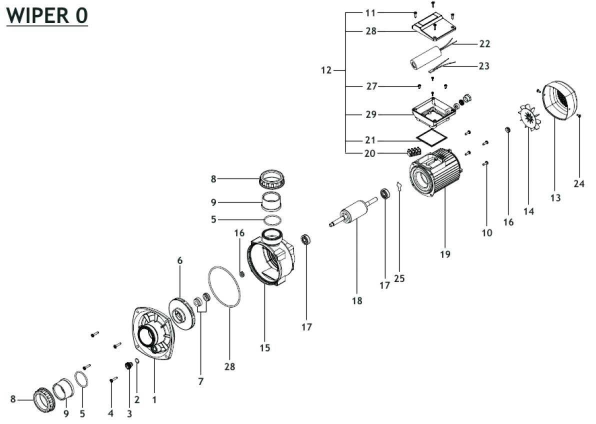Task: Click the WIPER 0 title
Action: (47, 15)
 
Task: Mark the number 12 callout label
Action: (326, 70)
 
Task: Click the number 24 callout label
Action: (579, 183)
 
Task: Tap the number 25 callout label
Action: (399, 278)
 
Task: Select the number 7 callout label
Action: (201, 381)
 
